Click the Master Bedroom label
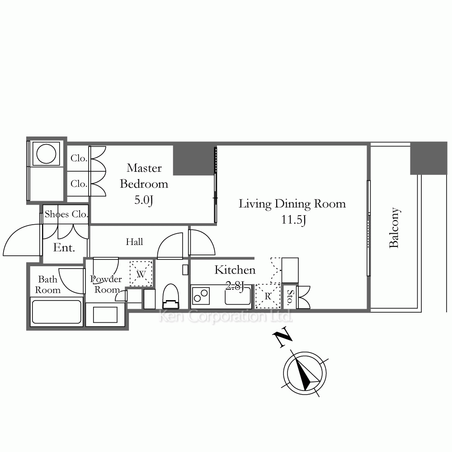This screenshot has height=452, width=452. click(x=144, y=176)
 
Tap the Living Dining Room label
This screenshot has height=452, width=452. click(x=292, y=204)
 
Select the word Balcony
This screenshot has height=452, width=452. click(x=394, y=227)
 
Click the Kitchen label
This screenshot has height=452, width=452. click(x=235, y=270)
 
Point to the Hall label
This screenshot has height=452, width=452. click(x=134, y=241)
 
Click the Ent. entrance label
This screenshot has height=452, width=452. click(x=64, y=247)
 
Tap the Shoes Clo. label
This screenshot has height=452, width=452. click(x=66, y=214)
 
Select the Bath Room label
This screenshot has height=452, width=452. click(x=48, y=284)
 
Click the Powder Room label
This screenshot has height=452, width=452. click(x=106, y=284)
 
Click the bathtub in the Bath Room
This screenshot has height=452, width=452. click(x=56, y=312)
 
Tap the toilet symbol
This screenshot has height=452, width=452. click(x=171, y=297)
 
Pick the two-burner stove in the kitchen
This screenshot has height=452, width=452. click(x=201, y=296)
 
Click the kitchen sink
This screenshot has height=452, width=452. click(x=238, y=295)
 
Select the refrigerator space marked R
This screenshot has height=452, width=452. click(x=268, y=296)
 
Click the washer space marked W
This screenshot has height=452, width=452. click(x=141, y=273)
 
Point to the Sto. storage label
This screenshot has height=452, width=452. click(x=290, y=297)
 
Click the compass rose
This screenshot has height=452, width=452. click(x=305, y=373)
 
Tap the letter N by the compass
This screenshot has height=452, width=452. click(x=282, y=337)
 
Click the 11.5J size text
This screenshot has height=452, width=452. click(x=293, y=220)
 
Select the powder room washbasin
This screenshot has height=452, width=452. click(x=105, y=315)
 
